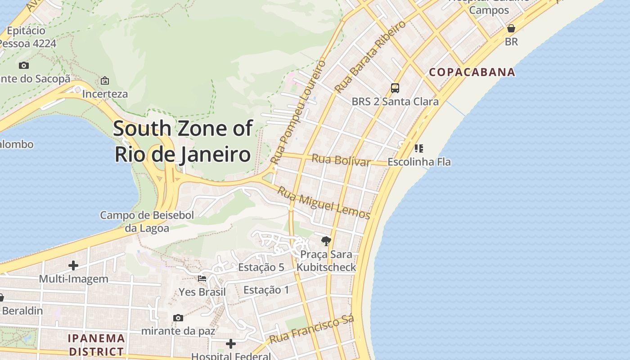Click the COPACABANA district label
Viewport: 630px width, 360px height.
472,72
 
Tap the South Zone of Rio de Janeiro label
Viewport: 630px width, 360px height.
182,141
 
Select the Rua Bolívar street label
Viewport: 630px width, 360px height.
341,160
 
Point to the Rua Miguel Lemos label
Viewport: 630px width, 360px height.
323,203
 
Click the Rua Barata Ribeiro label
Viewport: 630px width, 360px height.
370,57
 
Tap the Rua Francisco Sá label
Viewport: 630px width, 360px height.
312,329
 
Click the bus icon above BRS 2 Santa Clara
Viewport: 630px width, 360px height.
395,88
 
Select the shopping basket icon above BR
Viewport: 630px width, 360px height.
511,29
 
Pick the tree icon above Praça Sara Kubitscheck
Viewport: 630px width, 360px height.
326,241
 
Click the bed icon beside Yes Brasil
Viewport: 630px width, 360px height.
202,279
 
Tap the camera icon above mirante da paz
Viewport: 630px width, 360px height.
178,318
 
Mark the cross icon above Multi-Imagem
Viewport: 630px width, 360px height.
73,265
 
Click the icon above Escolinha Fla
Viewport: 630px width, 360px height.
419,148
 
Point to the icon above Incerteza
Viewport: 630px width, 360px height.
105,81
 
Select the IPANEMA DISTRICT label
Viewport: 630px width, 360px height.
96,344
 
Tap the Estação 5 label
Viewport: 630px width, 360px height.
261,267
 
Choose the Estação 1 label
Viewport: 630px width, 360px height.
266,290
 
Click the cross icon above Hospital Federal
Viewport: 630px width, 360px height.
231,344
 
